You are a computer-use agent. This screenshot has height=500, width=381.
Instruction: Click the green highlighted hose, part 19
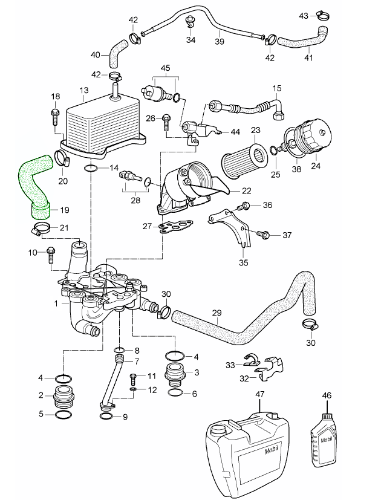point(34,185)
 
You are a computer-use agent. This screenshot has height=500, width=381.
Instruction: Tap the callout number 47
point(261,394)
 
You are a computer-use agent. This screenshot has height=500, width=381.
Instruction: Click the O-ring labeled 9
point(105,417)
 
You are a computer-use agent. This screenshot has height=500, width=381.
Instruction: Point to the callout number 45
point(165,68)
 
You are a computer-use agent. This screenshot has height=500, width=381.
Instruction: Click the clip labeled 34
point(190,22)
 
